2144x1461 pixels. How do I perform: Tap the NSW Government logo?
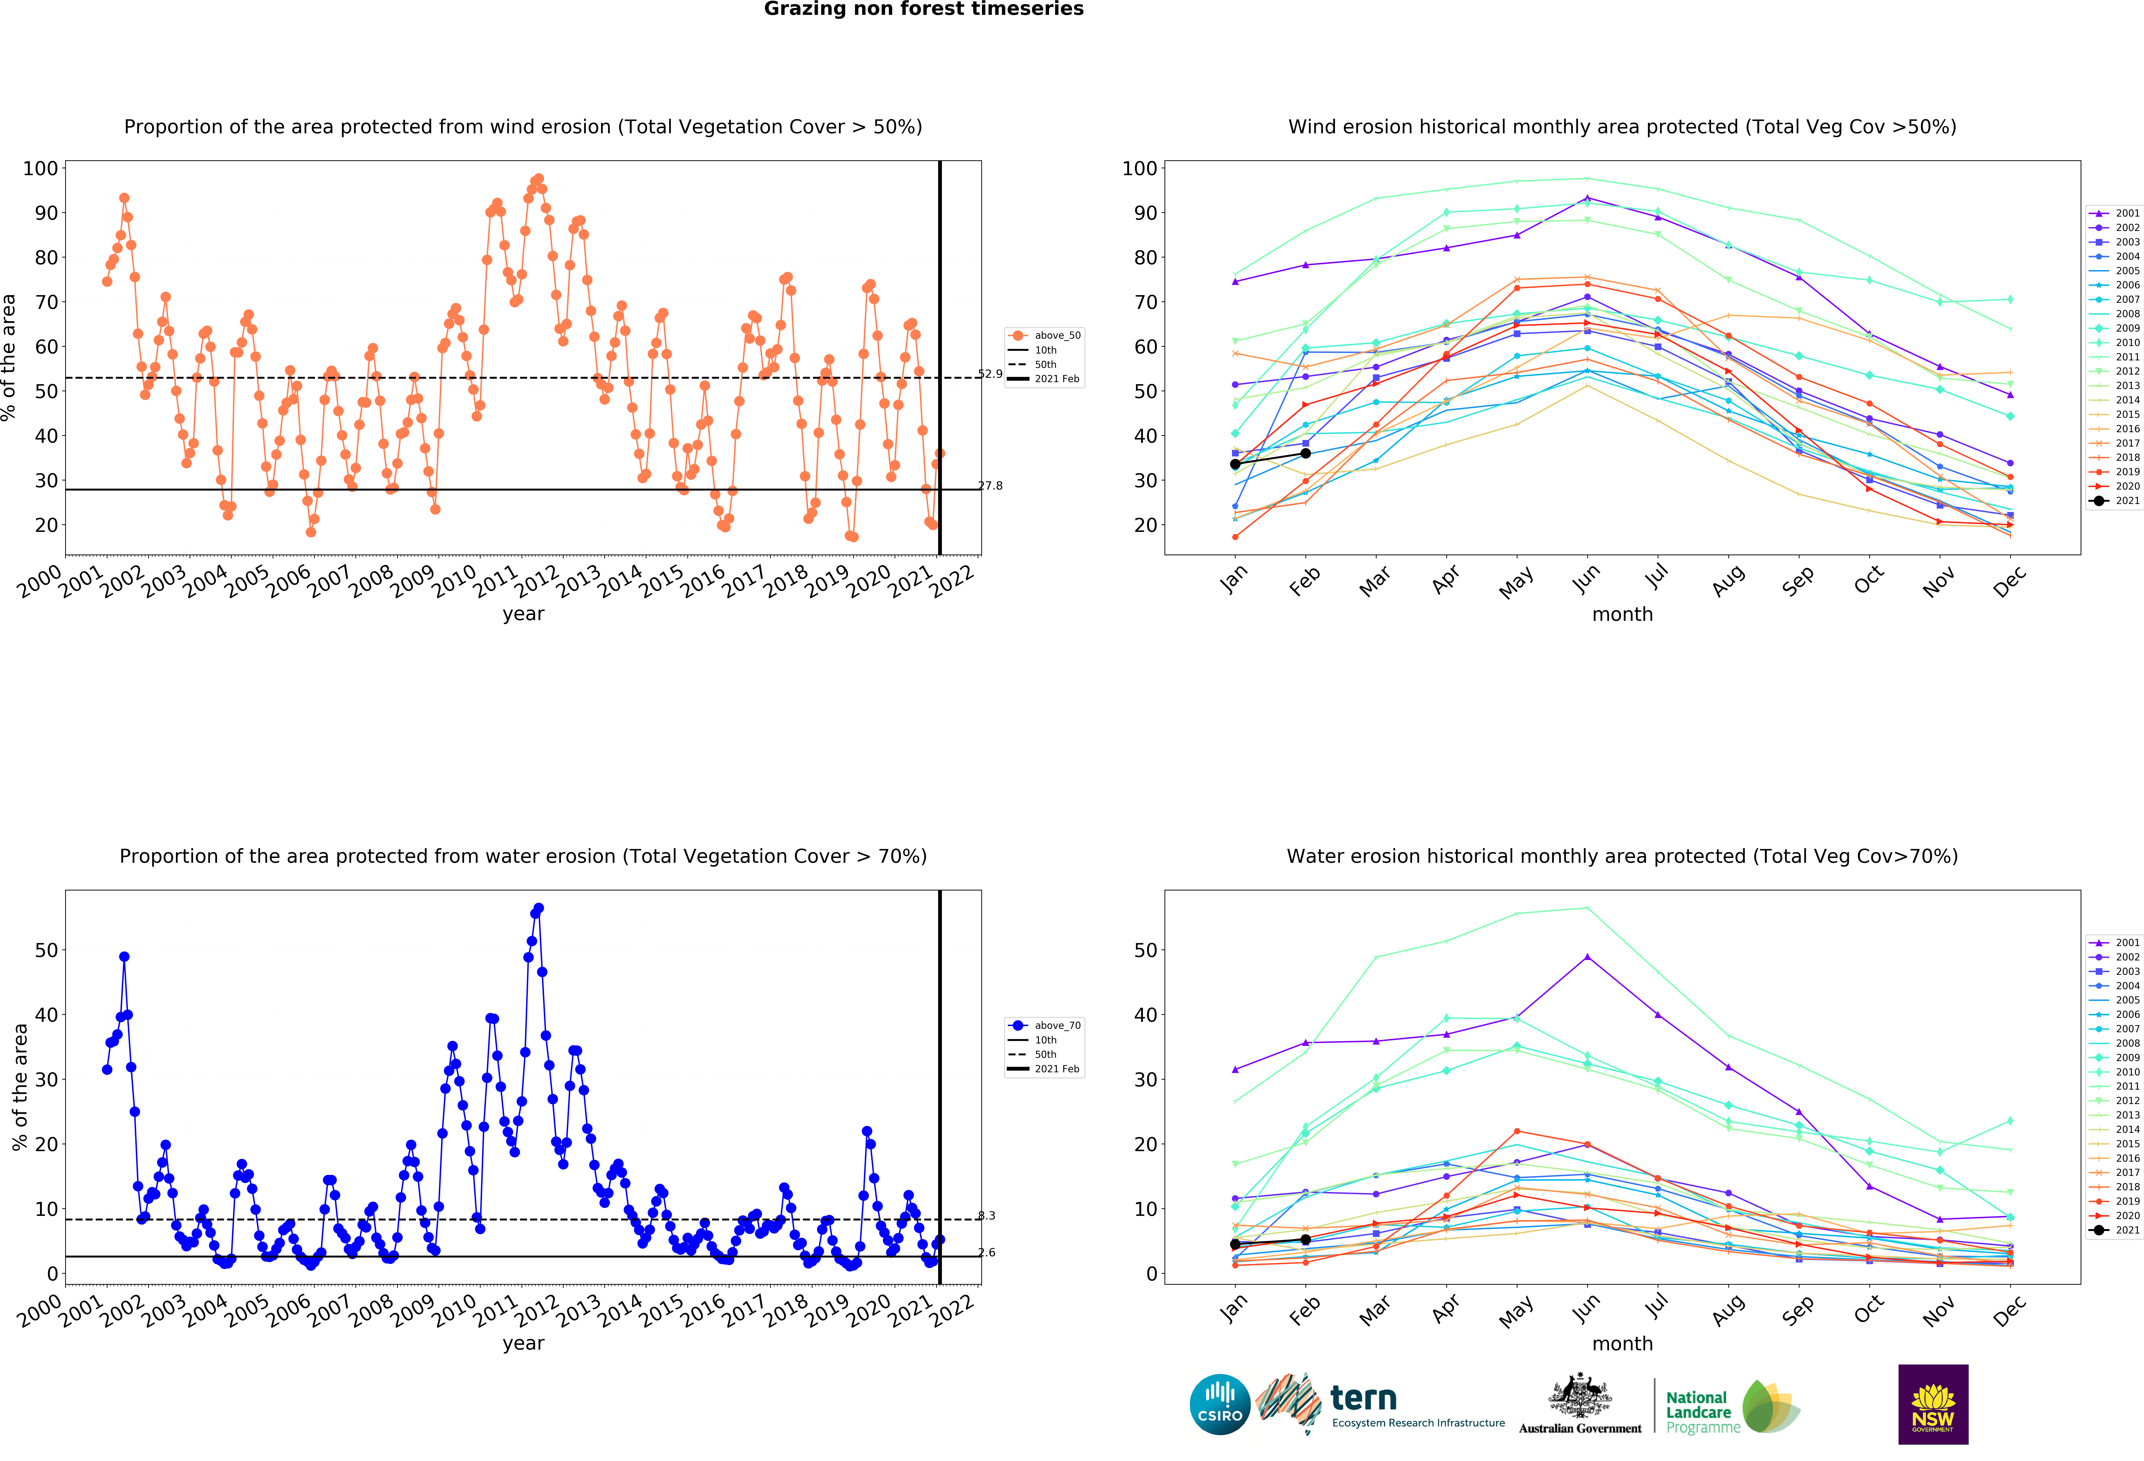pyautogui.click(x=1933, y=1404)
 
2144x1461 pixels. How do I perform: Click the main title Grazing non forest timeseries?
pyautogui.click(x=923, y=9)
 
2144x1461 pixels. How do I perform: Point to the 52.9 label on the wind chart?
pyautogui.click(x=990, y=374)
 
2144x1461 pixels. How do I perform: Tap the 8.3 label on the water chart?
pyautogui.click(x=986, y=1216)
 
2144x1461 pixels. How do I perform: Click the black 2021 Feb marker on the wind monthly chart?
pyautogui.click(x=1305, y=453)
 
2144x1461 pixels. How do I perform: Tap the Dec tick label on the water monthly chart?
pyautogui.click(x=2009, y=1310)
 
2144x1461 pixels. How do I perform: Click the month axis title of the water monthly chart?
pyautogui.click(x=1622, y=1344)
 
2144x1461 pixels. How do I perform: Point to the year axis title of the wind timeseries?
pyautogui.click(x=523, y=614)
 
